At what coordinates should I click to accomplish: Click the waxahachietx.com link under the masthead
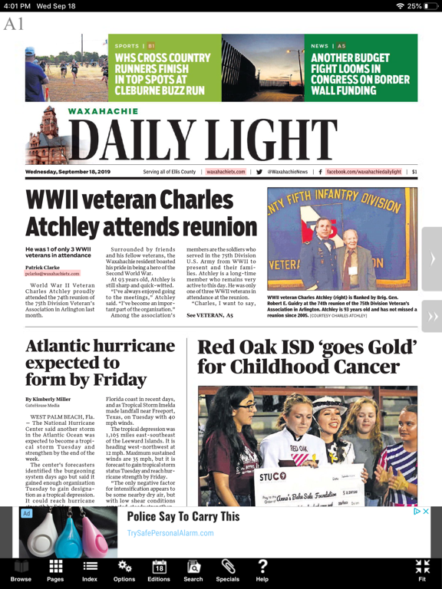pos(226,172)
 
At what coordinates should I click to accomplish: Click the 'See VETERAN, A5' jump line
pos(210,315)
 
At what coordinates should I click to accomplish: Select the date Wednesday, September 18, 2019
pos(68,172)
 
